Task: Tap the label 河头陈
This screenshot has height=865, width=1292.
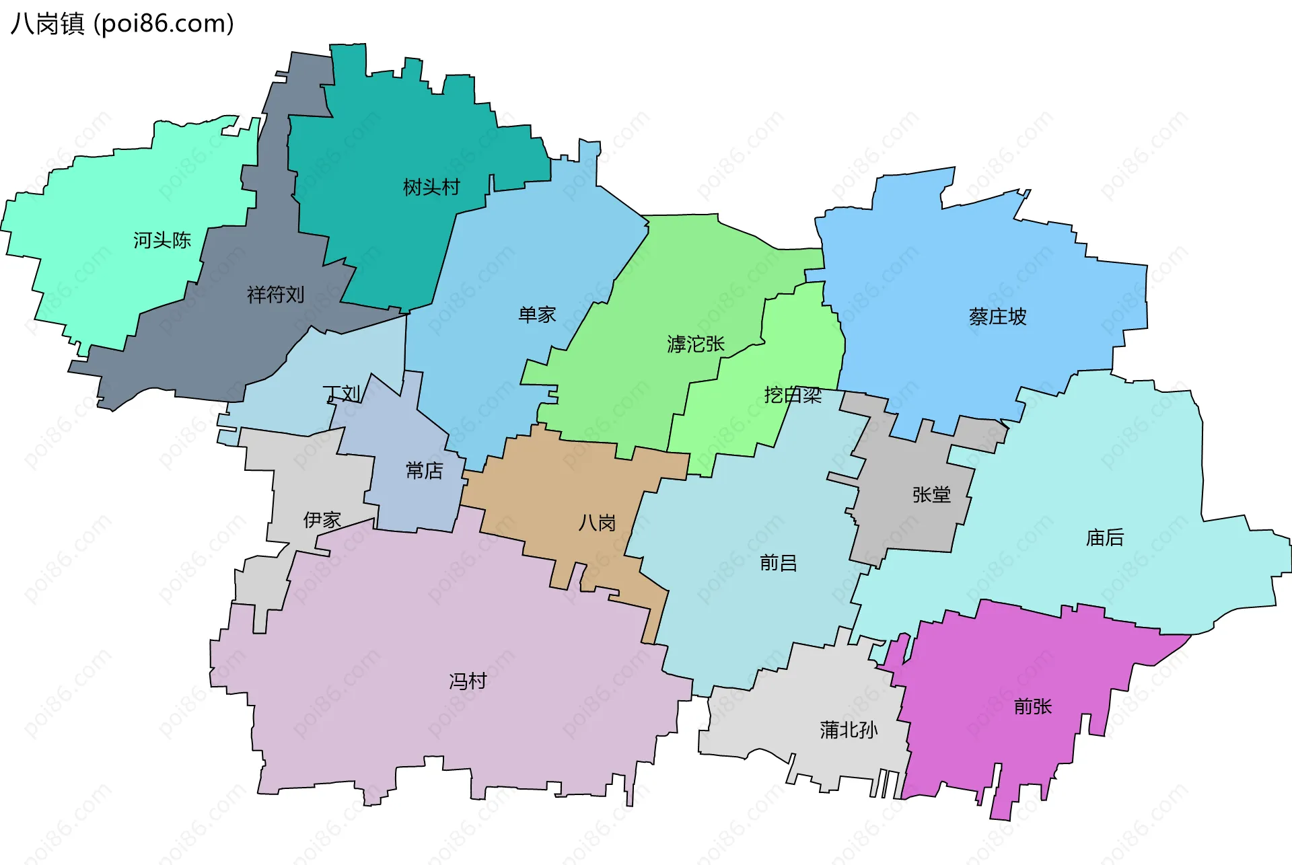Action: pos(161,240)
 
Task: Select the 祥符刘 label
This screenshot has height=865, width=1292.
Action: pos(275,294)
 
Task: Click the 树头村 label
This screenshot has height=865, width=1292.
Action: pos(431,187)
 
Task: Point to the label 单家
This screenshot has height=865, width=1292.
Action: pos(537,314)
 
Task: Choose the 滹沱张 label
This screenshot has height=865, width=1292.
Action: pos(696,344)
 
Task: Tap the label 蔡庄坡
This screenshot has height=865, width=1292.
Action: pos(997,316)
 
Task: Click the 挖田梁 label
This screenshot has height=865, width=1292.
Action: pos(793,395)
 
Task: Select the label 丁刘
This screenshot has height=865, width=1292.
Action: pos(342,393)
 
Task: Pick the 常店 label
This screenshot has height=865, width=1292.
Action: pos(424,470)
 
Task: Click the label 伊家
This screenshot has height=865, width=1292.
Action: pos(322,519)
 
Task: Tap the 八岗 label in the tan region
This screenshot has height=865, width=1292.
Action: pos(597,523)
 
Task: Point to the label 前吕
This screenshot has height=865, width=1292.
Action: pos(778,562)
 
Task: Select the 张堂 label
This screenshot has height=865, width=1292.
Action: pos(931,494)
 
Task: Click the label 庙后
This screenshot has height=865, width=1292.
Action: pos(1104,537)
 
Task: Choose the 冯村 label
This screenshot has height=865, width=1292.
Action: pos(468,681)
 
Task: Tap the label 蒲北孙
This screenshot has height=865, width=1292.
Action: pos(849,730)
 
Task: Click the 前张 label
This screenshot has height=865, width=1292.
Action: pos(1032,706)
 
